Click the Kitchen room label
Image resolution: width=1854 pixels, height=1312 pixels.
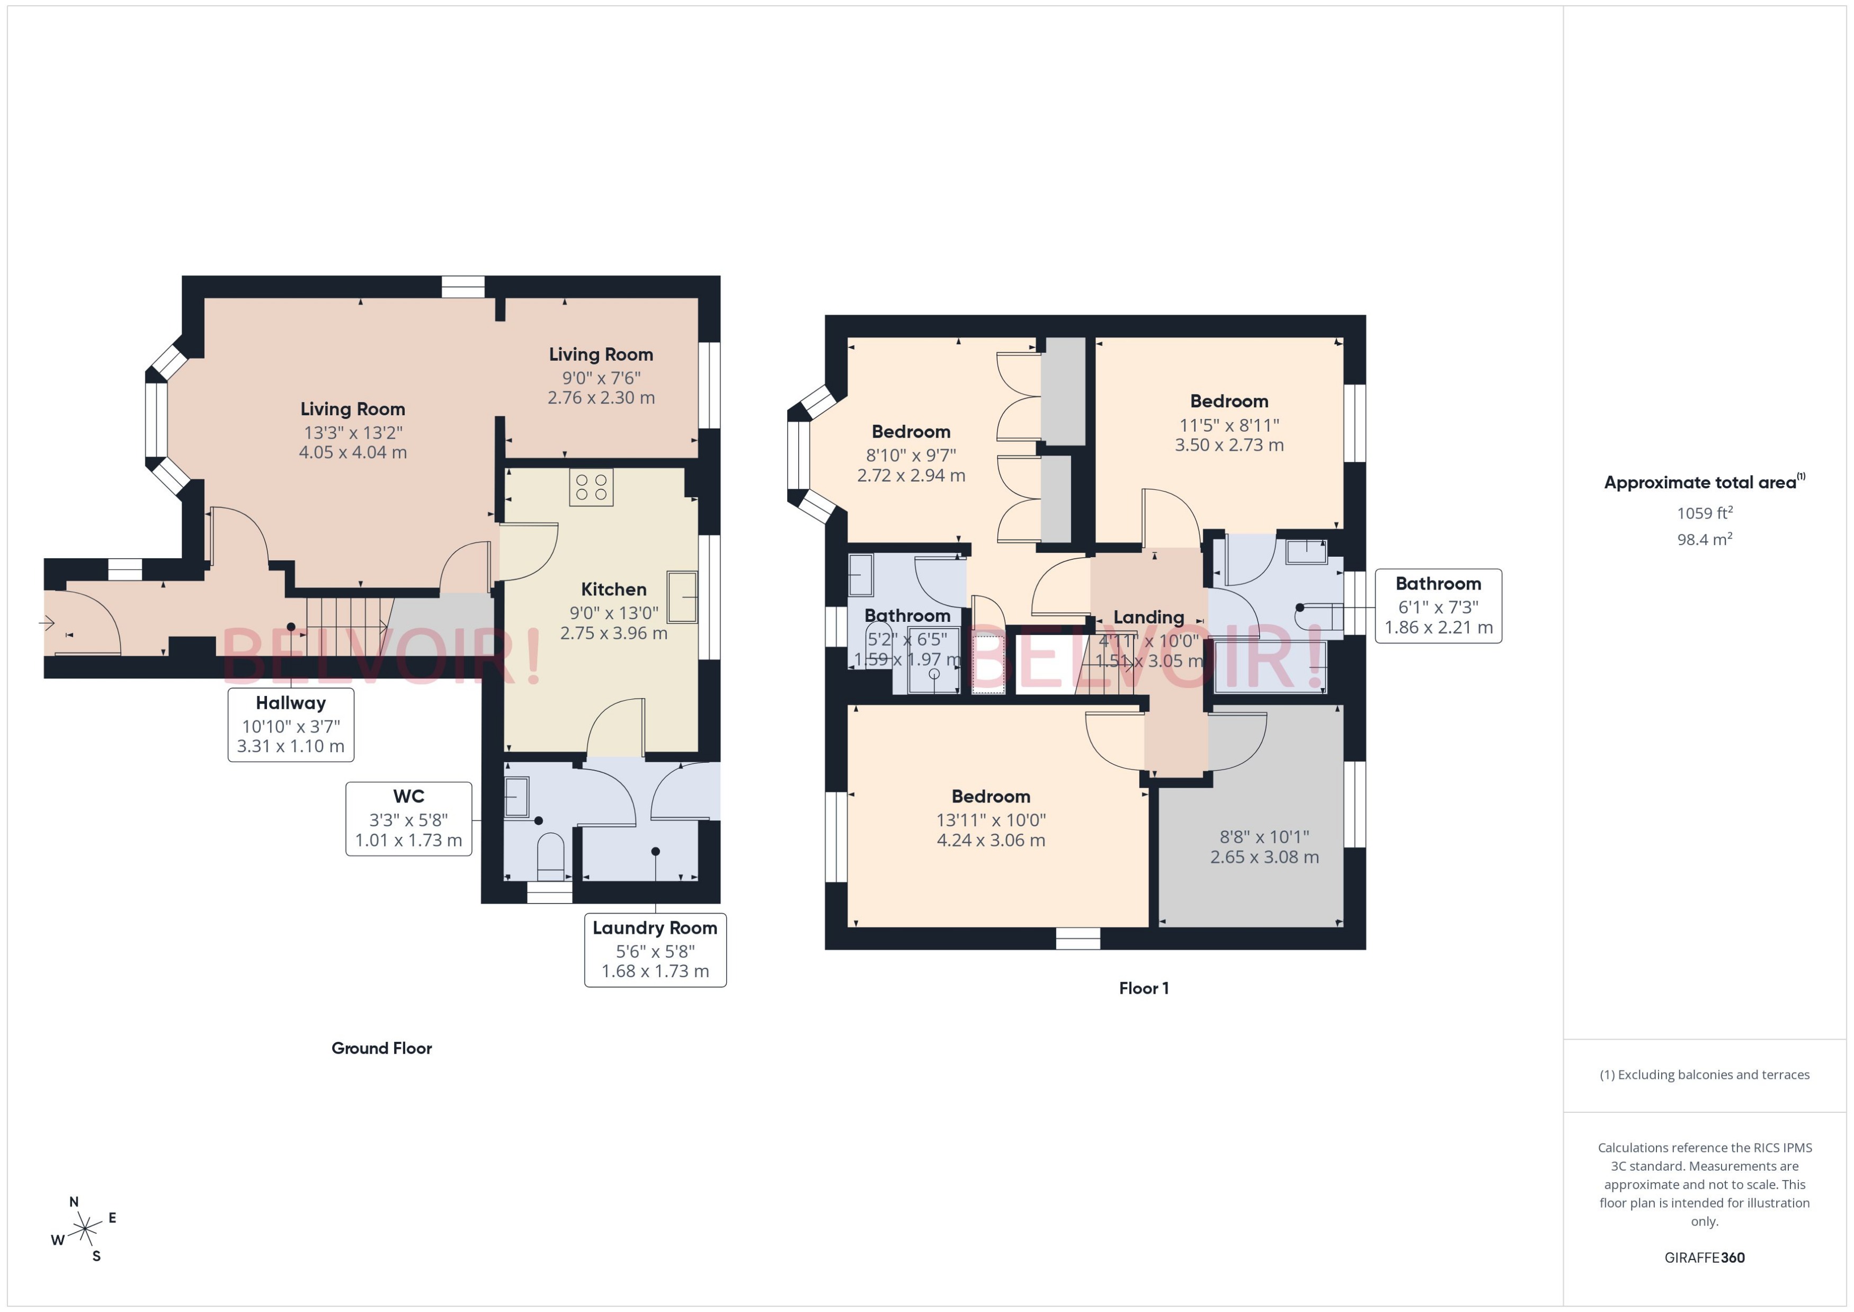pos(613,590)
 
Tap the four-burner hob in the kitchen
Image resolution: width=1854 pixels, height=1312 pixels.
pos(591,487)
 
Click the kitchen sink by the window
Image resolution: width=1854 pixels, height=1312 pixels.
pos(682,596)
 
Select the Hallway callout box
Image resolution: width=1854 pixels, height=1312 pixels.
pos(291,724)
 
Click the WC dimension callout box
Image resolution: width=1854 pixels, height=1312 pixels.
pos(409,818)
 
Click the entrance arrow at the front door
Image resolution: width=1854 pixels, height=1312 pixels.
pos(46,623)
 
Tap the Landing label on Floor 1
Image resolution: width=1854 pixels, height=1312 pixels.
pos(1148,617)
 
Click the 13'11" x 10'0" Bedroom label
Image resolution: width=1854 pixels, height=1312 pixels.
pos(991,818)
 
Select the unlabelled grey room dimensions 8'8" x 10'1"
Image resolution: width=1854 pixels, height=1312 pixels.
pos(1264,846)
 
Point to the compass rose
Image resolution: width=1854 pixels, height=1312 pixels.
pos(84,1229)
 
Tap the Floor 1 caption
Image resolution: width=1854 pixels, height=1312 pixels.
pos(1143,988)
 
